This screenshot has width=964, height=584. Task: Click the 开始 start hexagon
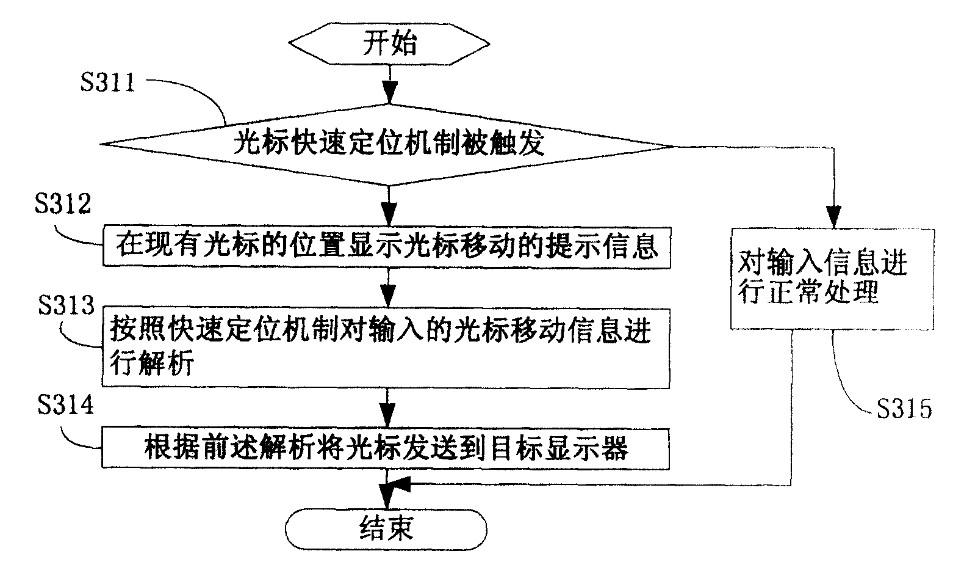[x=389, y=45]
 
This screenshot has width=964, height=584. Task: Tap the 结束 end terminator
[x=386, y=527]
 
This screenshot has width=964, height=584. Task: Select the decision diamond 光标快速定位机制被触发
[x=389, y=145]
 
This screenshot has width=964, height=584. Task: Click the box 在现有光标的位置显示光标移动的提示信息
[x=387, y=246]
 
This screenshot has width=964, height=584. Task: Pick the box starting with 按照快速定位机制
[x=386, y=347]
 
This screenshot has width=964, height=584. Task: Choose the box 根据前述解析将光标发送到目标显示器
[x=386, y=449]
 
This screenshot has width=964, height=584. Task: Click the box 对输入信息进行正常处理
[x=832, y=279]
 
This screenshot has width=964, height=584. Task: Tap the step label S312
[x=63, y=203]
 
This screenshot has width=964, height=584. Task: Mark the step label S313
[x=66, y=305]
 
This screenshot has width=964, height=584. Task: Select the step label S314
[x=66, y=405]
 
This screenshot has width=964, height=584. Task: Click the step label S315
[x=905, y=408]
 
